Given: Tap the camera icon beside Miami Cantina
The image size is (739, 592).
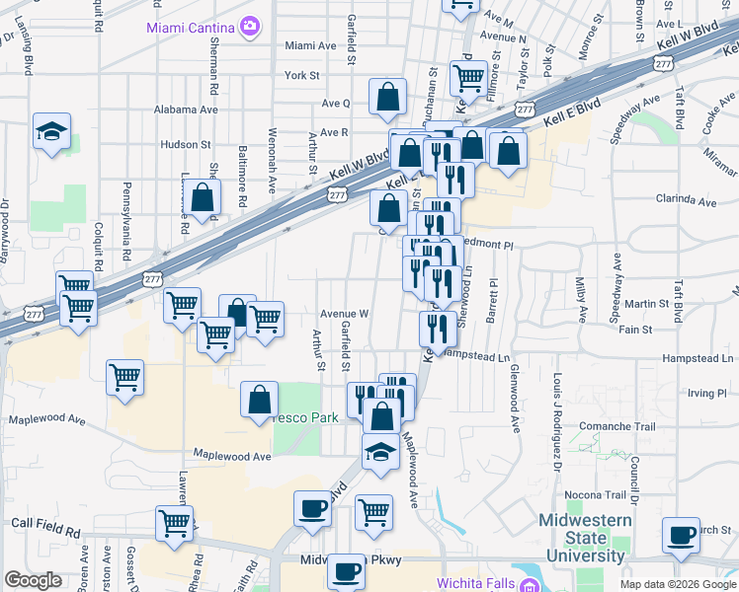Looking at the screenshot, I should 251,26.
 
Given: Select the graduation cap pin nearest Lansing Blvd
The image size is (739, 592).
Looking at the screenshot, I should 49,132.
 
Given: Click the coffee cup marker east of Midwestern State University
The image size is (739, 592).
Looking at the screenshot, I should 681,535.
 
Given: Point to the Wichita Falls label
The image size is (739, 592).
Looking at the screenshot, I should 474,584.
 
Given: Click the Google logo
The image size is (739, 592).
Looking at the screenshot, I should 33,581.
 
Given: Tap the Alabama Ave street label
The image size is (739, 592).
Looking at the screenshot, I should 189,110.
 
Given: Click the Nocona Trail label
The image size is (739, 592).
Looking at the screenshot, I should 596,494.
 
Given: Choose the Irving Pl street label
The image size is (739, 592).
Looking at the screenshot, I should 706,393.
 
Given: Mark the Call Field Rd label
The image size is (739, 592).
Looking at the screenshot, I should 45,529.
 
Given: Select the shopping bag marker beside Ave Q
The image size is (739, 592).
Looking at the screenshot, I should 388,97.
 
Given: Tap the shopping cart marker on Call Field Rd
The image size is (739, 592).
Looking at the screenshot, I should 175,523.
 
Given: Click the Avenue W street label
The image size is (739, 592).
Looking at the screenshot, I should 344,314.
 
